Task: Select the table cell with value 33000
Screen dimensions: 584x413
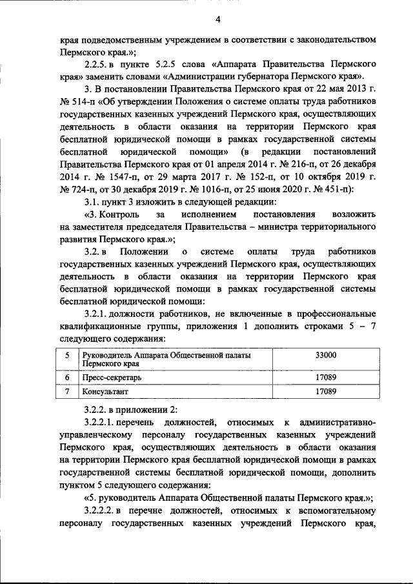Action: [325, 355]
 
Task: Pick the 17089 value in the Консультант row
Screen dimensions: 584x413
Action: [325, 391]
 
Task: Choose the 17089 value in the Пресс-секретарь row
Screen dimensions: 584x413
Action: [325, 377]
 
